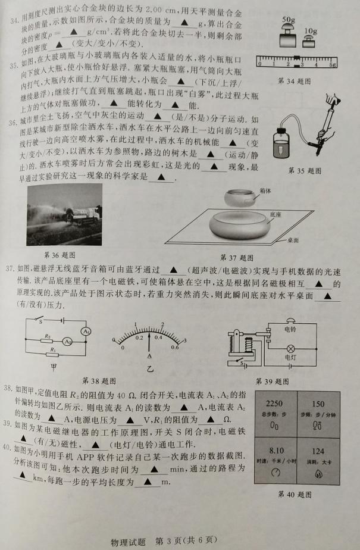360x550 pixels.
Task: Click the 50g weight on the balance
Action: tap(288, 36)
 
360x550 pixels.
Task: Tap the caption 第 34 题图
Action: tap(294, 82)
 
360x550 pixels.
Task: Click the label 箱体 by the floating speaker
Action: tap(265, 191)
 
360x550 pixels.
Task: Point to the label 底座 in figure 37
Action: tap(276, 214)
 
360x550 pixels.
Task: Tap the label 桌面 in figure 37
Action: tap(293, 240)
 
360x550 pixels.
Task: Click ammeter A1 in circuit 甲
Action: tap(86, 331)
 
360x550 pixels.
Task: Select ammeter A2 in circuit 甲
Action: tap(67, 341)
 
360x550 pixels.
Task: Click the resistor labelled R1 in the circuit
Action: tap(53, 354)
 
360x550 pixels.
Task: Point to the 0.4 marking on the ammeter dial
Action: tap(158, 337)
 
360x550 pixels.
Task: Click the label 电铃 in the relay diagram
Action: tap(290, 329)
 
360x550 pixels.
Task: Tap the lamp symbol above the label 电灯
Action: tap(290, 349)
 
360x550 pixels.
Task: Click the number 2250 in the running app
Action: tap(274, 404)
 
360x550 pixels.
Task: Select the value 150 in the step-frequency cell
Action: tap(318, 404)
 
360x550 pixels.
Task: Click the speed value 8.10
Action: tap(277, 451)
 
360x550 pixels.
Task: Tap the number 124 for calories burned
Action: tap(318, 451)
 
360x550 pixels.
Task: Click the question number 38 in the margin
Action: tap(8, 388)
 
